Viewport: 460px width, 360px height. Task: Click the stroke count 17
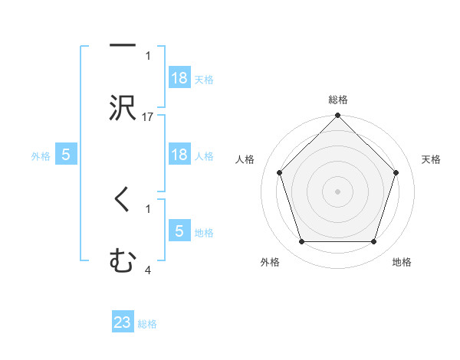coord(148,117)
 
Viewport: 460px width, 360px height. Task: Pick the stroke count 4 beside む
coord(148,270)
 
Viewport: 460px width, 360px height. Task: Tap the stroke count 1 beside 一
coord(148,56)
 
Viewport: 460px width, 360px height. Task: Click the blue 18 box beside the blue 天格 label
coord(179,79)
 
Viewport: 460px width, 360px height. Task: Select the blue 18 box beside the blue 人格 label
coord(179,155)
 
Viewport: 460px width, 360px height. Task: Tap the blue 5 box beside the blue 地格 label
coord(179,232)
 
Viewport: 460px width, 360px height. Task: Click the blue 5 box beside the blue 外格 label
coord(66,155)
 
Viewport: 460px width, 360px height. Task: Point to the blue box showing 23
coord(123,323)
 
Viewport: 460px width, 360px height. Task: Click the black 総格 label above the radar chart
coord(337,100)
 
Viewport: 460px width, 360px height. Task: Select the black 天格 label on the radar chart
coord(432,159)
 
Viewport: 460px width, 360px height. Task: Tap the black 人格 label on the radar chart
coord(245,159)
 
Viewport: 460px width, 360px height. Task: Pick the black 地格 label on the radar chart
coord(402,262)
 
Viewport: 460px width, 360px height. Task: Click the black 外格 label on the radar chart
coord(270,262)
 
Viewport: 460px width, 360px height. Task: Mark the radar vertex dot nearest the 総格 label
coord(337,116)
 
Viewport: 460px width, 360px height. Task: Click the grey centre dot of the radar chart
coord(337,191)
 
